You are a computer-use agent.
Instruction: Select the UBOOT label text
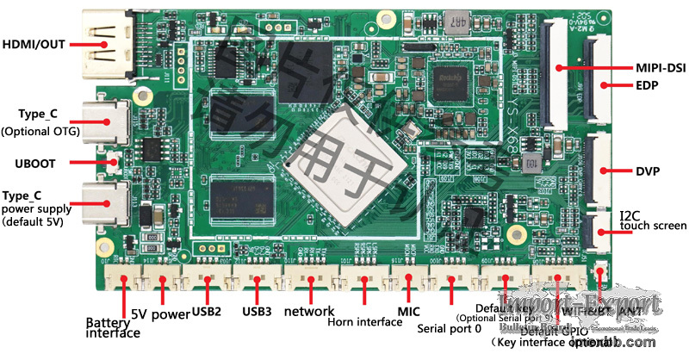tap(35, 161)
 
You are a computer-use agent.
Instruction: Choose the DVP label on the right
tap(648, 171)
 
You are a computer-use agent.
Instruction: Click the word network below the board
tap(308, 311)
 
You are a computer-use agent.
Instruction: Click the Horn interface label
tap(365, 322)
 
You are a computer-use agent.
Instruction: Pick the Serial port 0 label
tap(449, 328)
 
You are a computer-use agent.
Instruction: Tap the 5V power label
tap(159, 313)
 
